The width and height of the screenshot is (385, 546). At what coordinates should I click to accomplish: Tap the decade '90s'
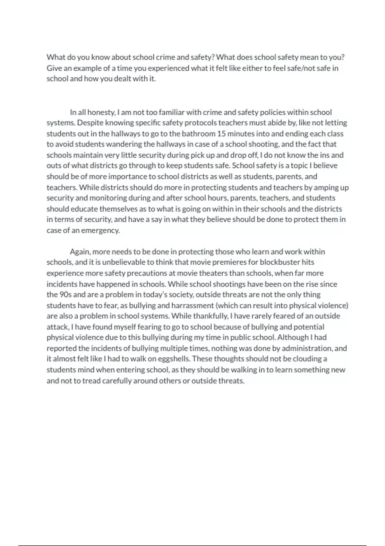click(x=66, y=295)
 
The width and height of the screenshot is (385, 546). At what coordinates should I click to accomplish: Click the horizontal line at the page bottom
click(x=193, y=545)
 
